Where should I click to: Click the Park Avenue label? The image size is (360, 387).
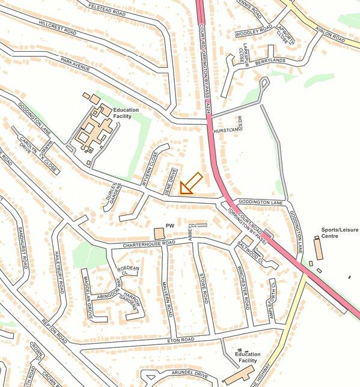point(75,64)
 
